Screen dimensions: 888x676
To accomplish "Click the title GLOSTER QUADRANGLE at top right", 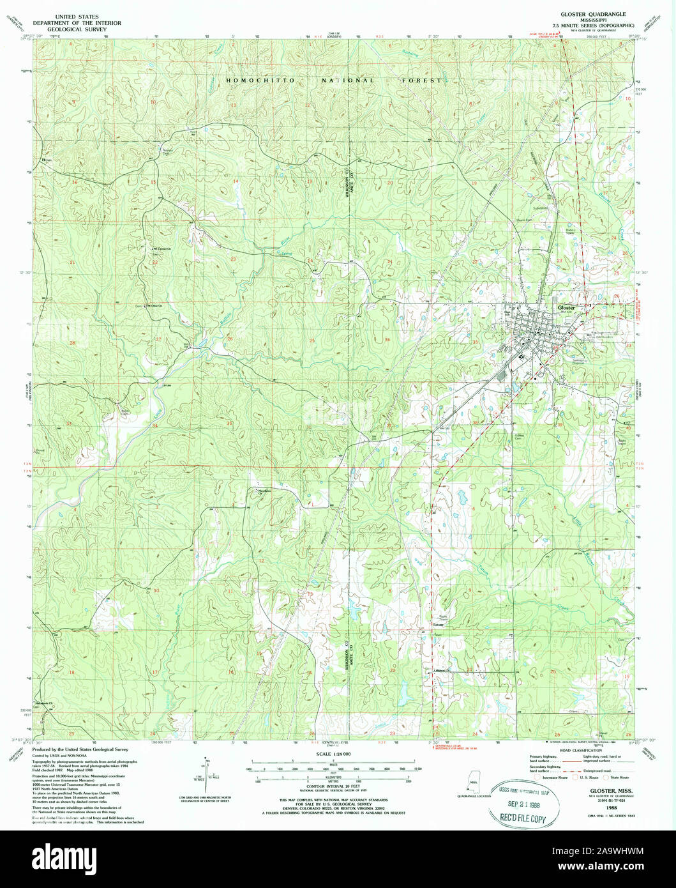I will [594, 13].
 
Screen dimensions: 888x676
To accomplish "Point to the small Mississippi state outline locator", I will [473, 781].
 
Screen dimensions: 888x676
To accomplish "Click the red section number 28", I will [73, 343].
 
